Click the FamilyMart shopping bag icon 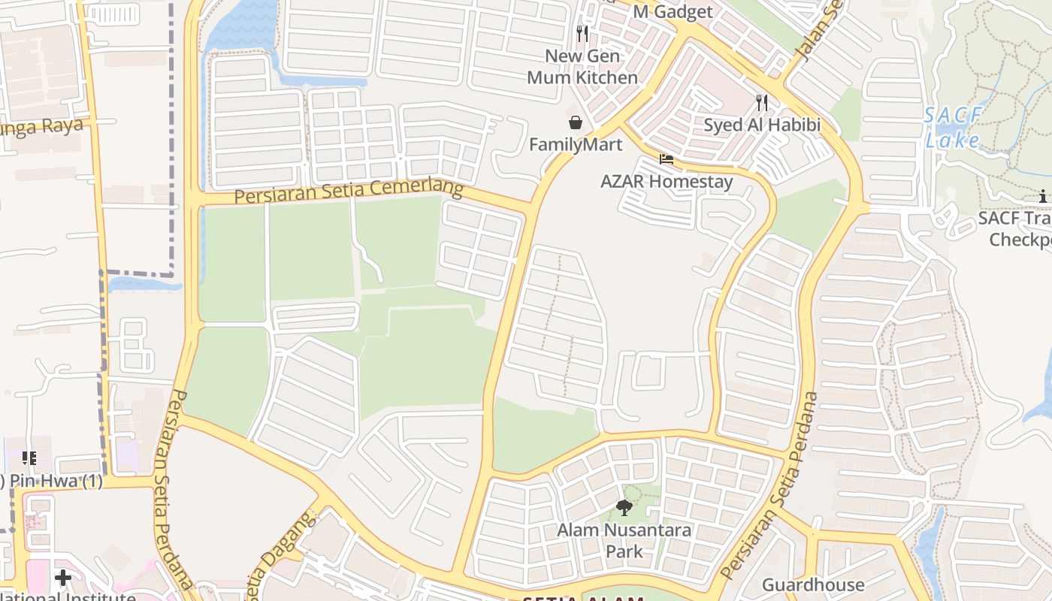576,122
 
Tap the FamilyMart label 576,144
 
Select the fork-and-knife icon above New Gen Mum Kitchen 582,34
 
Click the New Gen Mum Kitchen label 582,67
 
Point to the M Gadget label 673,12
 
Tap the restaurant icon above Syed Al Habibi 762,103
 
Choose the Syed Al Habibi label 762,125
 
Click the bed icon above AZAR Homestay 667,159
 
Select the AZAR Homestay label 667,181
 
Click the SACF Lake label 954,128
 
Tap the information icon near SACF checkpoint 1043,197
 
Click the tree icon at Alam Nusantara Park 624,508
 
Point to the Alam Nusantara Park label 624,541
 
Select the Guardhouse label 813,584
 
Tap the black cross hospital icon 63,578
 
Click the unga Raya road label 41,126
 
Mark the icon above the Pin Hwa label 29,458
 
